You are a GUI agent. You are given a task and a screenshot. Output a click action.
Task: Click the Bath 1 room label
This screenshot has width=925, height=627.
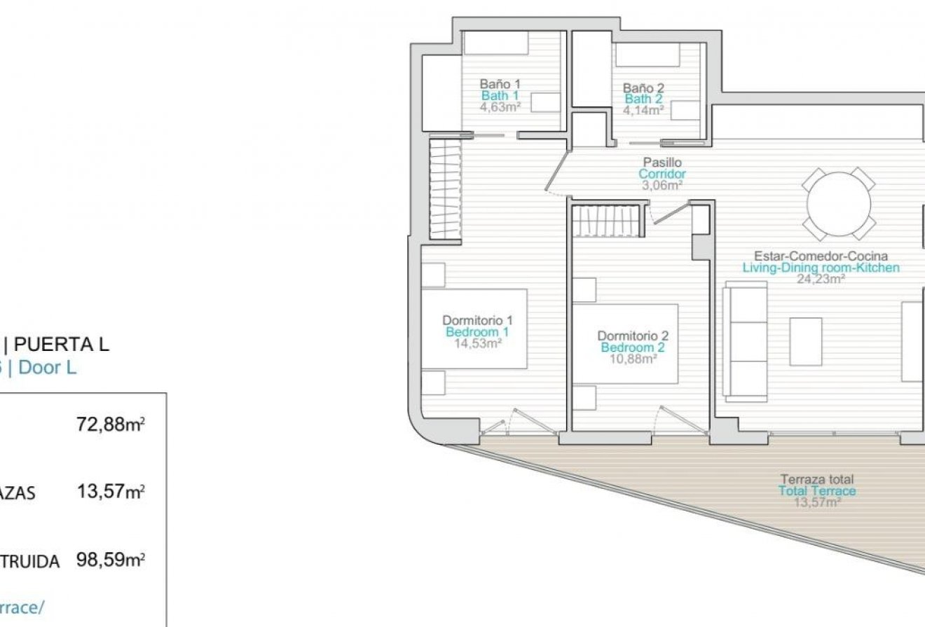pos(500,96)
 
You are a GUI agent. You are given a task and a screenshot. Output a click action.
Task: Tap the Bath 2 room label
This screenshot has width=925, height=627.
pos(644,99)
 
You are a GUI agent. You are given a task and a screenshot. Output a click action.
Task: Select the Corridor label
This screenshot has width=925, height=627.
pos(662,174)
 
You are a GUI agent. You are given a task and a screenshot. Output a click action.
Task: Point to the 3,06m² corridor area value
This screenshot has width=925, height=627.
pos(662,185)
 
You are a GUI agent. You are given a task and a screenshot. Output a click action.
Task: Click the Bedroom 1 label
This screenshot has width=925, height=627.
pos(477,332)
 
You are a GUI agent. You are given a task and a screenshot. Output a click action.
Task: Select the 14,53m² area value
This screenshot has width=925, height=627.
pos(477,343)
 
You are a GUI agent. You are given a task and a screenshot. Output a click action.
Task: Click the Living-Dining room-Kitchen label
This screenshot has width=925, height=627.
pos(821,268)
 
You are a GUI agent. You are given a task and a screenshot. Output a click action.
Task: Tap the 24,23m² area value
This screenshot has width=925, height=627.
pos(821,278)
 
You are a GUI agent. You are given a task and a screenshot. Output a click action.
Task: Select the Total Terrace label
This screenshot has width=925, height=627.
pos(817,491)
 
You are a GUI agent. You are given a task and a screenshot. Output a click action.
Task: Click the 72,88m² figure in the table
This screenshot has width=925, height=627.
pos(114,425)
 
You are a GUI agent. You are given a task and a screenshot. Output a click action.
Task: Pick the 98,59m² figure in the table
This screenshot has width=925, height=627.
pos(114,560)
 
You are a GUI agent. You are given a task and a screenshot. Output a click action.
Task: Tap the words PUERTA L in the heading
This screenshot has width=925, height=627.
pos(62,344)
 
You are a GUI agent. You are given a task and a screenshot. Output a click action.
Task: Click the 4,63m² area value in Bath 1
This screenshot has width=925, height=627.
pos(500,107)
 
